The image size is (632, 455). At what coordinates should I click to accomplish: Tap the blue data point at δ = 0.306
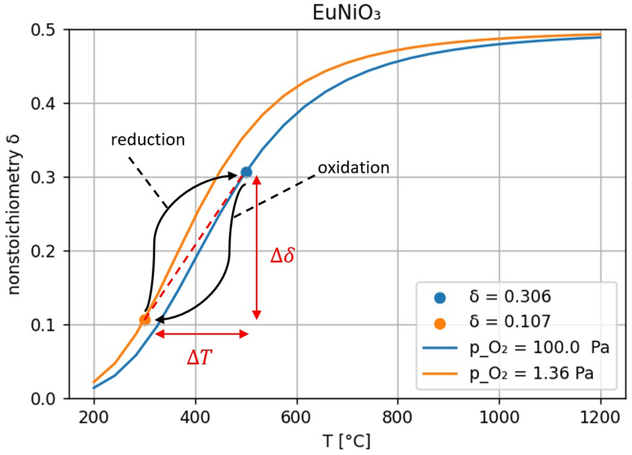point(246,172)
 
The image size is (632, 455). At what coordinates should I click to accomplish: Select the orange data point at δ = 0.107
point(145,320)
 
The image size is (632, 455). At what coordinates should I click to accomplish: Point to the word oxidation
point(354,167)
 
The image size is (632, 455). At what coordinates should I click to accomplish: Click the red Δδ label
point(282,255)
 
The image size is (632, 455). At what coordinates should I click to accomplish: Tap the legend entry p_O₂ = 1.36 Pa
point(526,373)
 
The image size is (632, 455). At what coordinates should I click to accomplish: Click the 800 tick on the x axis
point(398,416)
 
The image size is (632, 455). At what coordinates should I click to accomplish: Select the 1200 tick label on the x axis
point(600,416)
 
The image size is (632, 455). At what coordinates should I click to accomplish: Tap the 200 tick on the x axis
point(93,416)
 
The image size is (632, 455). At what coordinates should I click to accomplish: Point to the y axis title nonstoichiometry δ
point(14,214)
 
